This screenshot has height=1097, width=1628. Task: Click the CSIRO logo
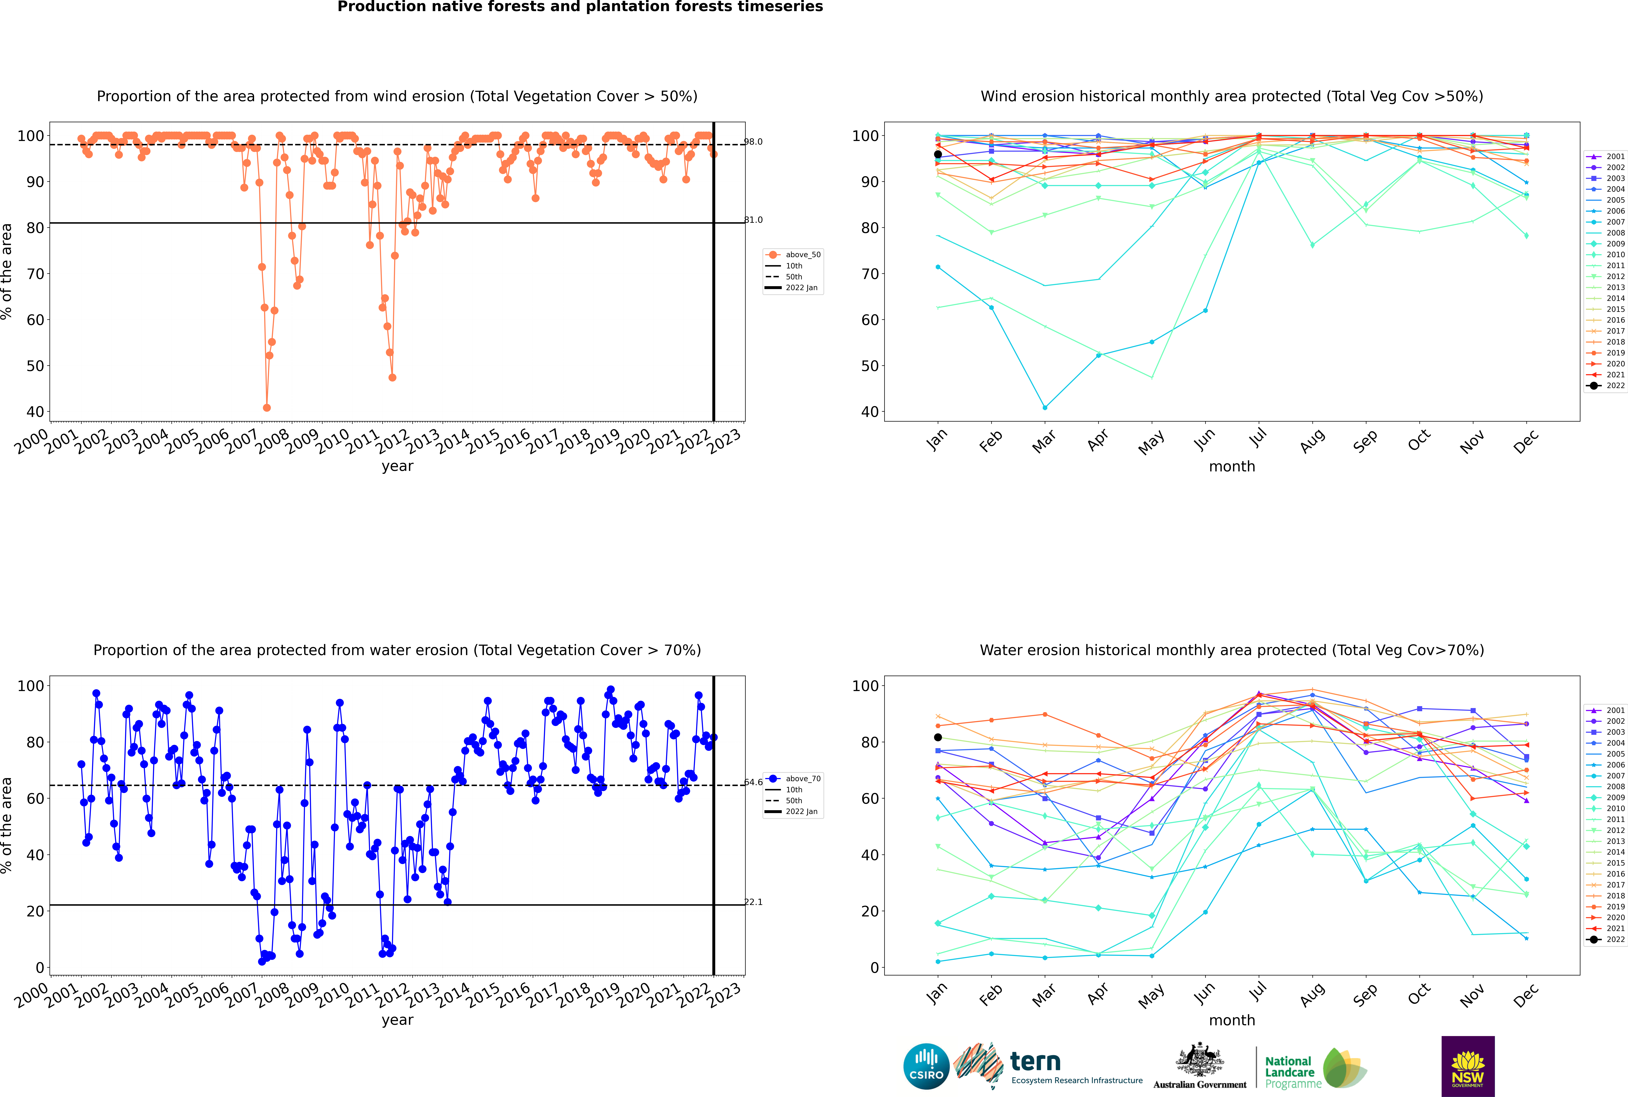[x=926, y=1066]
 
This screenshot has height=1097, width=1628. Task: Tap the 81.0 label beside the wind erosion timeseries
[x=753, y=220]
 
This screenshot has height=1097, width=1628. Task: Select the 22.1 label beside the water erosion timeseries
[x=753, y=902]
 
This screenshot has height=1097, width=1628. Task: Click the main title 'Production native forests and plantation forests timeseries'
[x=580, y=7]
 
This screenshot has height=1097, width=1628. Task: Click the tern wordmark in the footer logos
[x=1035, y=1062]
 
